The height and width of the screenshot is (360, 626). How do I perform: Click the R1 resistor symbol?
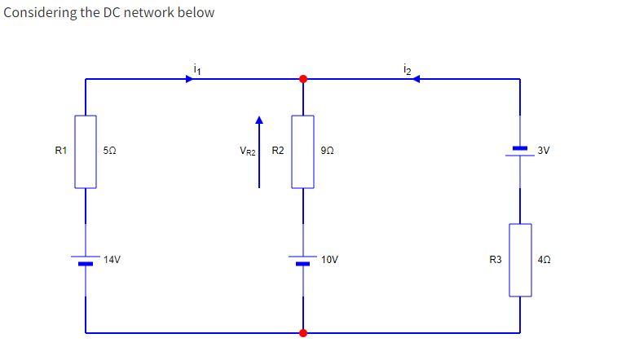(86, 151)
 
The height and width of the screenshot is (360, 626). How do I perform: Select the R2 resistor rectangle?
(303, 151)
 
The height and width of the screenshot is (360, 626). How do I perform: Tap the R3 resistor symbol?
(520, 260)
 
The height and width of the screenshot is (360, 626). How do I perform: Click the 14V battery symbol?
(86, 260)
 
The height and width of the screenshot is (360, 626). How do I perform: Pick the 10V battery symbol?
(303, 260)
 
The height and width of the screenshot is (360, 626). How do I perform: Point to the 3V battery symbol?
(520, 151)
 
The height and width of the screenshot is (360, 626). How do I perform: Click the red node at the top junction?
(303, 79)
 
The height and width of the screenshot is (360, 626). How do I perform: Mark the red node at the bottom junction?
(303, 332)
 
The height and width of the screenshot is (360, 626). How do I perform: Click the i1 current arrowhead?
(192, 79)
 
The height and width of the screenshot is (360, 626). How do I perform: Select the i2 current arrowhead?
(415, 79)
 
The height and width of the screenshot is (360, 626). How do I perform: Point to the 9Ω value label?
(327, 151)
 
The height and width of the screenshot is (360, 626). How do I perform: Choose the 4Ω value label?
(544, 260)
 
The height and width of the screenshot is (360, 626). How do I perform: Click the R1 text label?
(60, 151)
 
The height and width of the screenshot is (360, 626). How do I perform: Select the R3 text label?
(495, 260)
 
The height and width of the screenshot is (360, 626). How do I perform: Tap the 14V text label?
(112, 260)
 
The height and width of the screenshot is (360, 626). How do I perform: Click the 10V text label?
(329, 260)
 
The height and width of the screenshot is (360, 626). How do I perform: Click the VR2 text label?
(247, 151)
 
